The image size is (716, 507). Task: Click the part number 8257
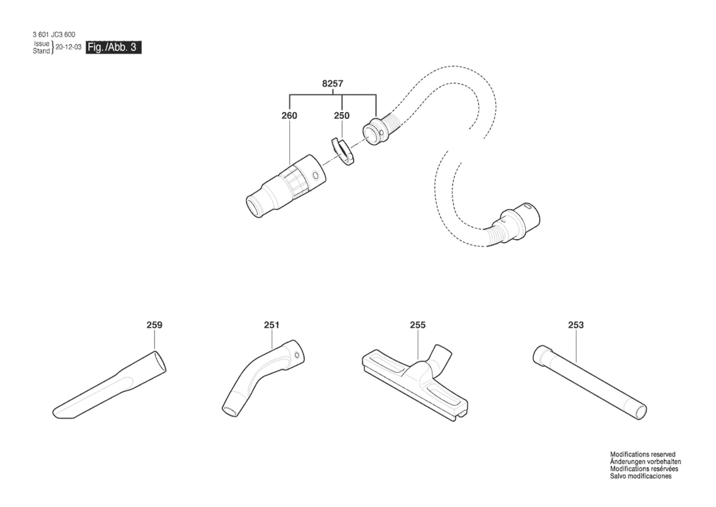pos(332,84)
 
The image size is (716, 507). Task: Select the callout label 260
pos(289,116)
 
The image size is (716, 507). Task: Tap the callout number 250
pos(342,116)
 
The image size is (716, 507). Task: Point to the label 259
pos(155,325)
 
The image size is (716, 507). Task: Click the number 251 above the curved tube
pos(271,325)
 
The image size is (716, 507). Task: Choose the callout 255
pos(418,325)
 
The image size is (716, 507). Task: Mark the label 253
pos(576,325)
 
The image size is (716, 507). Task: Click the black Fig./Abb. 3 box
pos(113,47)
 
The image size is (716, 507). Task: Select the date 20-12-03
pos(69,47)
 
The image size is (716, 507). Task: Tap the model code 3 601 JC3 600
pos(54,35)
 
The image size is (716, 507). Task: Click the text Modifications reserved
pos(643,455)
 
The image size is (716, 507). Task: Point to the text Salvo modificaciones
pos(641,476)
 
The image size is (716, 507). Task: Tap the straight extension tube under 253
pos(590,382)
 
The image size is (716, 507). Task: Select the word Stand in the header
pos(41,51)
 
